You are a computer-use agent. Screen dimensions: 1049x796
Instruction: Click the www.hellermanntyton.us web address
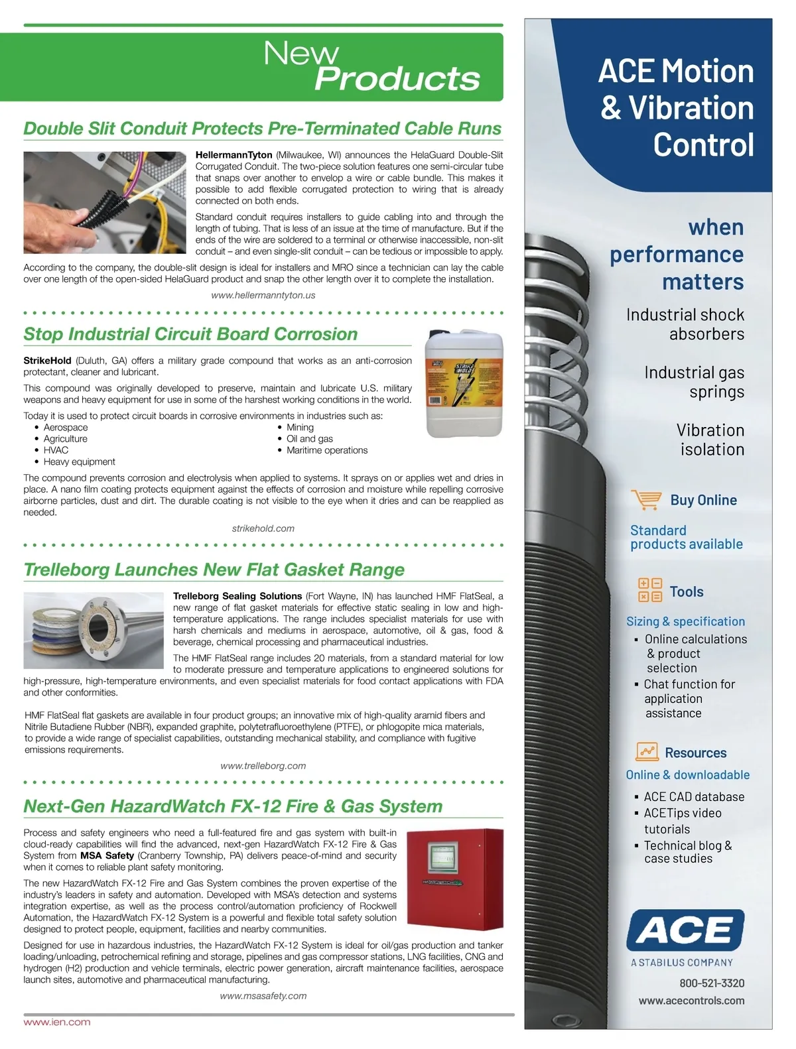[263, 295]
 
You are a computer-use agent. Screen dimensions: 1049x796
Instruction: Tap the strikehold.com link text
[263, 528]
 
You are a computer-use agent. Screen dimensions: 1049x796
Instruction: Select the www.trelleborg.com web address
[263, 766]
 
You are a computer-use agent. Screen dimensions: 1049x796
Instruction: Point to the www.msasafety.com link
[263, 996]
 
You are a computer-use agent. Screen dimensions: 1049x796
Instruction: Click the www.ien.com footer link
[57, 1022]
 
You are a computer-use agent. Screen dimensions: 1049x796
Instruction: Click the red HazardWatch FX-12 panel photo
[454, 879]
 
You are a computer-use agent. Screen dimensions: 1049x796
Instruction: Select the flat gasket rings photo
[93, 630]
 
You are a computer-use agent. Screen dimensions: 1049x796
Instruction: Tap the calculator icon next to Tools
[649, 590]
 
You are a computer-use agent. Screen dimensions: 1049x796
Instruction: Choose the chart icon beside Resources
[647, 751]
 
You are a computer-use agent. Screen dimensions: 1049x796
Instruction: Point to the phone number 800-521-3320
[712, 983]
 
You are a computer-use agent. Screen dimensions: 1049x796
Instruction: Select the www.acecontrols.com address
[691, 1001]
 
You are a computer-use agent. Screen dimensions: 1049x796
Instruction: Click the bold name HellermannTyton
[234, 155]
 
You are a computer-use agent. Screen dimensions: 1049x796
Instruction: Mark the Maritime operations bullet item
[327, 450]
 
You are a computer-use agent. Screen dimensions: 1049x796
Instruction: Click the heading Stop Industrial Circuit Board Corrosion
[190, 334]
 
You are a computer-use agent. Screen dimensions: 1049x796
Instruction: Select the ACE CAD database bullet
[694, 797]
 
